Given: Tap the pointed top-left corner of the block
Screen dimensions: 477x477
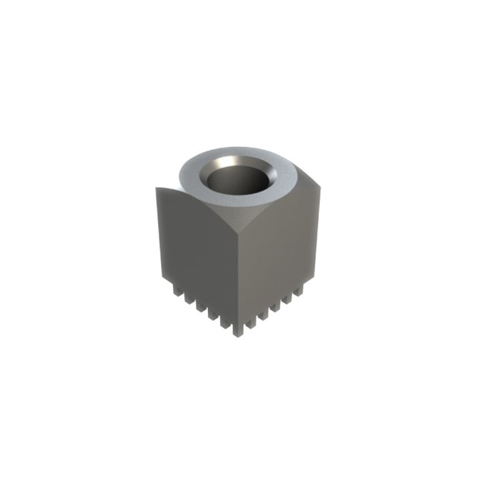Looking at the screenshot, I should (x=157, y=188).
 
